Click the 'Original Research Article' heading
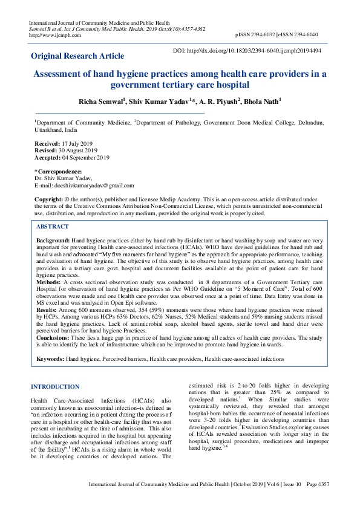tap(77, 56)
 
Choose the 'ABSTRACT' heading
tap(53, 226)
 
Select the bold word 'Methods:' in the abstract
tap(48, 282)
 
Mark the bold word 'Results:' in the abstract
tap(47, 309)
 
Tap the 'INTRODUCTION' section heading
tap(55, 387)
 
